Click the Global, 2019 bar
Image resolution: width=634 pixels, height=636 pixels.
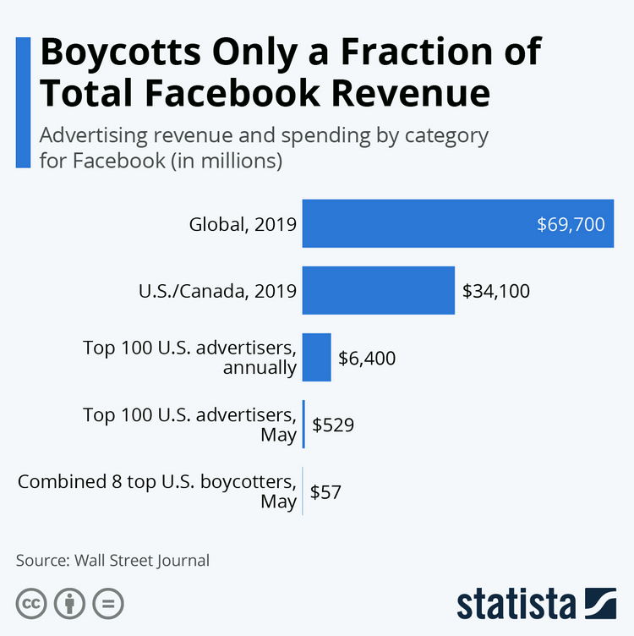[456, 224]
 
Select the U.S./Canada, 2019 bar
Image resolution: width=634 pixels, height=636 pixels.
[378, 291]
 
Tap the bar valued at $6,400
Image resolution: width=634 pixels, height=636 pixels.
[316, 358]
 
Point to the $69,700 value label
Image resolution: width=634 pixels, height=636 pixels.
[571, 225]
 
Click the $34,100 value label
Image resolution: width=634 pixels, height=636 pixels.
[496, 292]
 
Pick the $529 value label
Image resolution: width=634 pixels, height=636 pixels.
[333, 425]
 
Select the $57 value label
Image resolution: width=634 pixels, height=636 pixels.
[326, 491]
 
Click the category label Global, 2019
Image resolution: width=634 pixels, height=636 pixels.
[243, 225]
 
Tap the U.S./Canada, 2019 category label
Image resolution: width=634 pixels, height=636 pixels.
[217, 292]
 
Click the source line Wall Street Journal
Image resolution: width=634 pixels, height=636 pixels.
[142, 560]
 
